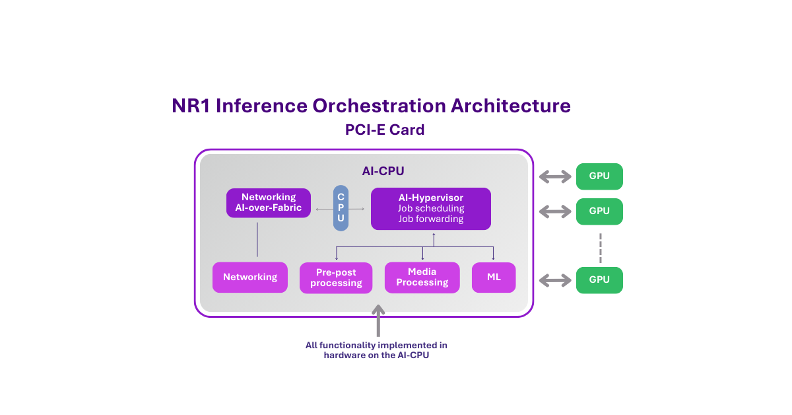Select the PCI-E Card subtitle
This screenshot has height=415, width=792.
point(384,130)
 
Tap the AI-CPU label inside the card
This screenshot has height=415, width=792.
point(383,171)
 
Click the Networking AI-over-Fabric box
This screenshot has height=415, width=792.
point(268,203)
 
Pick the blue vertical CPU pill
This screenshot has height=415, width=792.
point(341,207)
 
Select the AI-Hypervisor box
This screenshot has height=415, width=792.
point(430,209)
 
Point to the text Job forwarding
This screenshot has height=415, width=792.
point(430,219)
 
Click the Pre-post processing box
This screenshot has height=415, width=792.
point(336,278)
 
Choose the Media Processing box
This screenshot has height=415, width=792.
point(422,278)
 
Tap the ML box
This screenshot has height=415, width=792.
point(494,278)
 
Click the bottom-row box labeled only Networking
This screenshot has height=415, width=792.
point(250,278)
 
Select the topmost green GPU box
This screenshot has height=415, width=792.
point(599,176)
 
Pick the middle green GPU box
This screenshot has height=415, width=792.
point(599,211)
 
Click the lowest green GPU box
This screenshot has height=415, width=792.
point(599,280)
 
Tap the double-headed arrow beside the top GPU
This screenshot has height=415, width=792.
point(554,176)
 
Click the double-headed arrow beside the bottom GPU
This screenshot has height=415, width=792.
point(554,280)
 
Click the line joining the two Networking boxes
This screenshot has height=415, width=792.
point(257,240)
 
